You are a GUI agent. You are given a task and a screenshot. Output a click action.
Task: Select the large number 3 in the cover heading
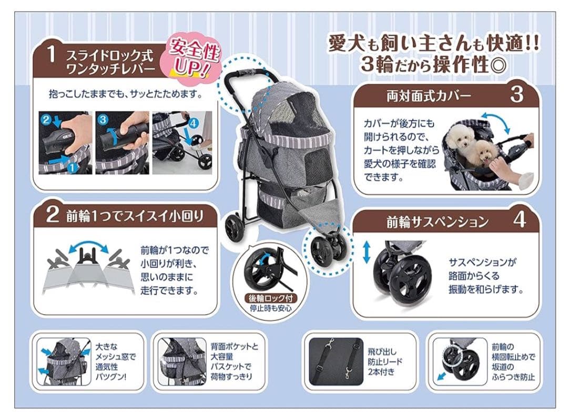coord(516,95)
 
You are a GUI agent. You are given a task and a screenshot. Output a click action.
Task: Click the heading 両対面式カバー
coord(429,96)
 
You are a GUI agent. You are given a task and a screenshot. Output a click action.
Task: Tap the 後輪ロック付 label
coord(272,298)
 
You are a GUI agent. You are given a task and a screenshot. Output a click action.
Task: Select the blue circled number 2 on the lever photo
coord(46,120)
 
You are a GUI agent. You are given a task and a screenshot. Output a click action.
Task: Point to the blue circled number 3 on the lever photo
coord(103,119)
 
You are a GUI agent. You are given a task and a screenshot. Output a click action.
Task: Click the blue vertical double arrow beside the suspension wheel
coord(367,253)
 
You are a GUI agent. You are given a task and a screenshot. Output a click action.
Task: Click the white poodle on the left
coord(458,138)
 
